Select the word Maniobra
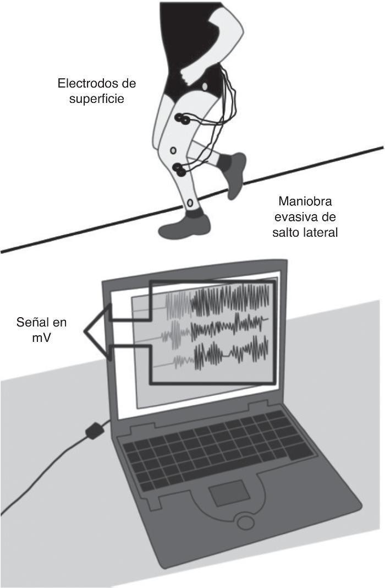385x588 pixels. click(305, 201)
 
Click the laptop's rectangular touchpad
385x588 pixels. click(231, 492)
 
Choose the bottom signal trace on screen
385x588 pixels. click(226, 355)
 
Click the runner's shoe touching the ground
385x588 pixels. click(184, 226)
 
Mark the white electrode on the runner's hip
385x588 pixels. click(204, 85)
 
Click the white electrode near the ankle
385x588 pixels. click(190, 204)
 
